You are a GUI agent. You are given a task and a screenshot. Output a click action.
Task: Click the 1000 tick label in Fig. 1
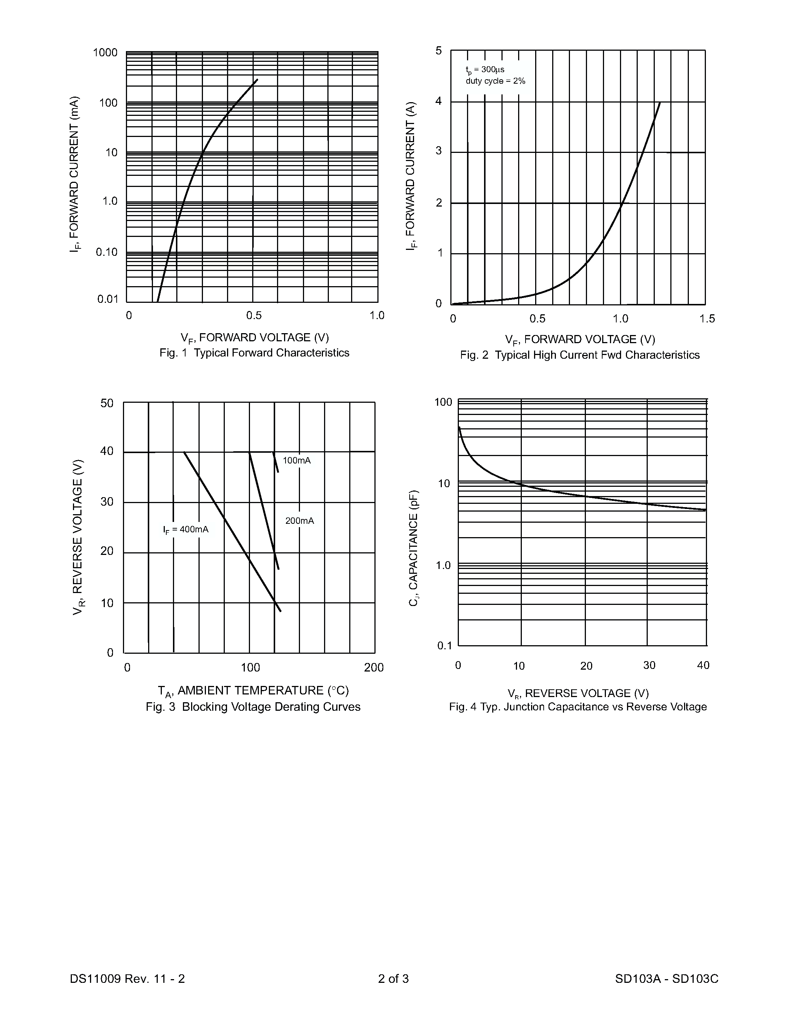pos(106,53)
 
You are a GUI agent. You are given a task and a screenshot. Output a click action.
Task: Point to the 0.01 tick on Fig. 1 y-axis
pos(108,299)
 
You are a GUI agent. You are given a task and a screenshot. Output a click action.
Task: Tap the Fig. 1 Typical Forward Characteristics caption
pos(254,353)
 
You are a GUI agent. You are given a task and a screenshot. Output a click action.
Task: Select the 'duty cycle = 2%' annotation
pos(495,81)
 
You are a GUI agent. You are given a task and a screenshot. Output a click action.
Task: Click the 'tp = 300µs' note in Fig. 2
pos(485,70)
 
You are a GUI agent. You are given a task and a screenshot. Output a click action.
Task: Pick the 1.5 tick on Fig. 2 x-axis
pos(707,319)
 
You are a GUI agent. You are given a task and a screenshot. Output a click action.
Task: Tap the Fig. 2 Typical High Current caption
pos(580,355)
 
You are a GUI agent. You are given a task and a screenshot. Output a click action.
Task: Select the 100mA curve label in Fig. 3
pos(297,461)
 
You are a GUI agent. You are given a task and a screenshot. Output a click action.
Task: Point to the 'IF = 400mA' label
pos(186,529)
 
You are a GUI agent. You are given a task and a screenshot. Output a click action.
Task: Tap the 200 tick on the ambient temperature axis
pos(373,667)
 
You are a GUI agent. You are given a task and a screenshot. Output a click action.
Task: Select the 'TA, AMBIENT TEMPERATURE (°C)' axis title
pos(253,690)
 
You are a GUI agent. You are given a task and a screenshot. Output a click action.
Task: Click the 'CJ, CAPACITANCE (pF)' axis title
pos(414,548)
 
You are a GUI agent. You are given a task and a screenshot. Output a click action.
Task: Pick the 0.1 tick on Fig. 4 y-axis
pos(445,646)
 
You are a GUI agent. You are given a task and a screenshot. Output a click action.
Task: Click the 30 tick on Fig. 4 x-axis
pos(649,666)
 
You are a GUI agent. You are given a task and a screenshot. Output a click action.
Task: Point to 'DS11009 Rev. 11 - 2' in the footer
pos(127,979)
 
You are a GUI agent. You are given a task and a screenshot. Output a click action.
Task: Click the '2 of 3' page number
pos(393,979)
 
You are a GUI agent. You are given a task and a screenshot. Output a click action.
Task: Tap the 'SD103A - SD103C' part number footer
pos(666,979)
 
